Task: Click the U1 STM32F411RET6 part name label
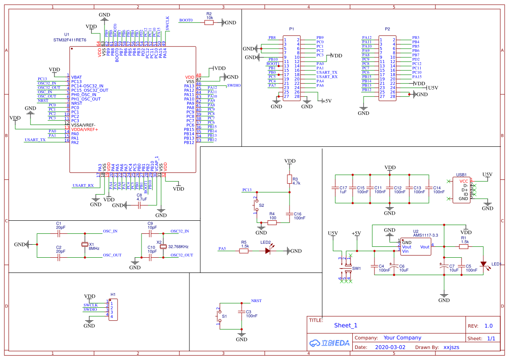click(x=70, y=40)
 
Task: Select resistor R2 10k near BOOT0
click(x=209, y=22)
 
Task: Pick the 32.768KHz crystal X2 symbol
click(x=163, y=247)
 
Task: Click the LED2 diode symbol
click(x=268, y=251)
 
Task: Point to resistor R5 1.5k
click(x=244, y=251)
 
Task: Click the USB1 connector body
click(x=462, y=189)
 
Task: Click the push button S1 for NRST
click(x=220, y=316)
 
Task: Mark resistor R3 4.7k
click(x=289, y=179)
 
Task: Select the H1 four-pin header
click(x=113, y=310)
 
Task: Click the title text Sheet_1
click(x=345, y=325)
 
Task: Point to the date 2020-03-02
click(x=390, y=347)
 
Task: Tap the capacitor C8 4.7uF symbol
click(x=139, y=205)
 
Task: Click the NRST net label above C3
click(x=256, y=301)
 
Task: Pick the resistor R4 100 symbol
click(x=272, y=222)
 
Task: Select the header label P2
click(x=387, y=29)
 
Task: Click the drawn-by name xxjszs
click(x=451, y=347)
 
